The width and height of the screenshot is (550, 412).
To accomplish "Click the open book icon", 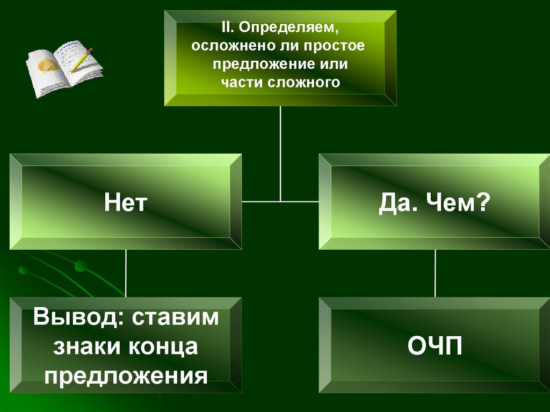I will tap(63, 68).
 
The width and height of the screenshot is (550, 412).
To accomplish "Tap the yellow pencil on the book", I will tap(82, 60).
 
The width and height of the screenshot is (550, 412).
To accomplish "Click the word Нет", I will tap(126, 204).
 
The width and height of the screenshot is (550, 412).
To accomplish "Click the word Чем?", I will tap(457, 204).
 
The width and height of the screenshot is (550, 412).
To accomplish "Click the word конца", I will tap(164, 346).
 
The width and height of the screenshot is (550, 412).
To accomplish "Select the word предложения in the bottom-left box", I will tap(126, 376).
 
